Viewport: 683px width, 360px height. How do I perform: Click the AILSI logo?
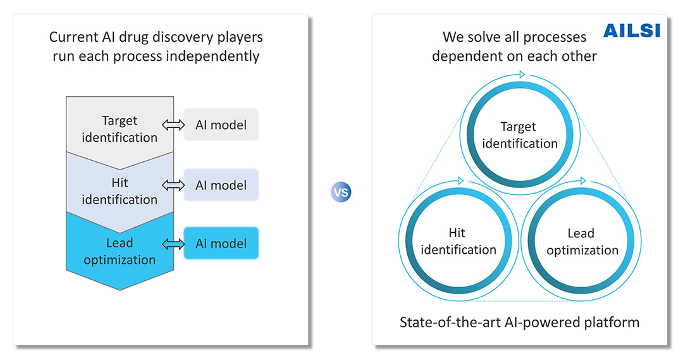[x=632, y=30]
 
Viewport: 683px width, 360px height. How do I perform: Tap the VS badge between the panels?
[x=341, y=192]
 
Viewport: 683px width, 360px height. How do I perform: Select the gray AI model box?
[x=221, y=125]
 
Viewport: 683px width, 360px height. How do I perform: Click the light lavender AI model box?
[x=221, y=185]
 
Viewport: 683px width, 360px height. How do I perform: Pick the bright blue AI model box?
[x=221, y=243]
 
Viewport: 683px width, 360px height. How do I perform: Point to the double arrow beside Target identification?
[x=173, y=125]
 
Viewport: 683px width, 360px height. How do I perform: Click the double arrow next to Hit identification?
[x=173, y=185]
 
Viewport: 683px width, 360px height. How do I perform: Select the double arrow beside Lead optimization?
[x=173, y=244]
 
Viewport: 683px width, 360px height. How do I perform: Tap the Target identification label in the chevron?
[x=120, y=129]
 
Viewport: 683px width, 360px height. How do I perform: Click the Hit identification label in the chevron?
[x=120, y=191]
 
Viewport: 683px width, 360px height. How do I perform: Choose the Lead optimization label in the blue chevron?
[x=120, y=251]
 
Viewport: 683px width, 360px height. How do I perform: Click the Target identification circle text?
[x=519, y=135]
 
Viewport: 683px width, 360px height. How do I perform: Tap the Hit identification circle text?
[x=458, y=241]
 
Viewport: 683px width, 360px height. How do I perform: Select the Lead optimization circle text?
[x=582, y=242]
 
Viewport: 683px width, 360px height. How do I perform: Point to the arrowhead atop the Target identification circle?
[x=522, y=75]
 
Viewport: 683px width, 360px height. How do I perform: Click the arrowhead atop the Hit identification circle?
[x=461, y=180]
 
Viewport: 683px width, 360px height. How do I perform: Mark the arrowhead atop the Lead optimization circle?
[x=583, y=180]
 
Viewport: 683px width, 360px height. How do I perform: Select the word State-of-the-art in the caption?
[x=450, y=322]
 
